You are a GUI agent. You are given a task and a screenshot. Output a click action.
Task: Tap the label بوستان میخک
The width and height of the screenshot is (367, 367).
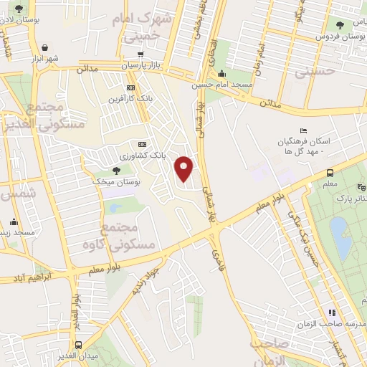pyautogui.click(x=113, y=183)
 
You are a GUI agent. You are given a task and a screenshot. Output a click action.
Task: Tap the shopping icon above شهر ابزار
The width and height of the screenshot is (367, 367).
pyautogui.click(x=47, y=44)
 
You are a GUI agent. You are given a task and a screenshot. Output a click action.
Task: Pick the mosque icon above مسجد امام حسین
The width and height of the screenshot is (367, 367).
pyautogui.click(x=221, y=72)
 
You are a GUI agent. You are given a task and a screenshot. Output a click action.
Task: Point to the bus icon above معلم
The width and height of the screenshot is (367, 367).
pyautogui.click(x=330, y=173)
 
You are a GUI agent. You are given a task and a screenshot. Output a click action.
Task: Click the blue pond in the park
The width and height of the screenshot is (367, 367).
pyautogui.click(x=341, y=237)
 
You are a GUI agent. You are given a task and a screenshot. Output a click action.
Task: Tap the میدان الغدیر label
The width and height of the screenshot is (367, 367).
pyautogui.click(x=77, y=356)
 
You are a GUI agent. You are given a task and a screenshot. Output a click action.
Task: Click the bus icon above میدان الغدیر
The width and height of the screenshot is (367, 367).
pyautogui.click(x=77, y=344)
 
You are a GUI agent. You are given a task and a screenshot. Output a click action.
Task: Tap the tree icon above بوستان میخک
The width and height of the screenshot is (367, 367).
pyautogui.click(x=117, y=171)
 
